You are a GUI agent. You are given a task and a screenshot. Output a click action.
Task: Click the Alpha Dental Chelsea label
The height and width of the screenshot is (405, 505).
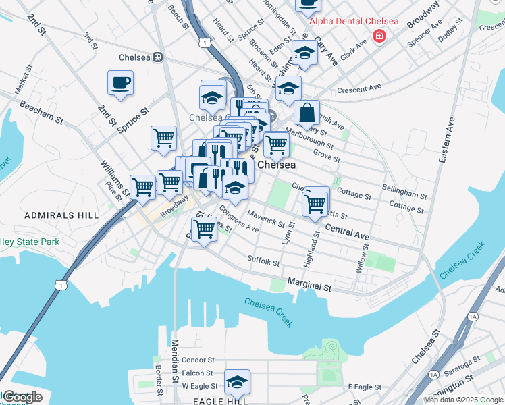coord(353,21)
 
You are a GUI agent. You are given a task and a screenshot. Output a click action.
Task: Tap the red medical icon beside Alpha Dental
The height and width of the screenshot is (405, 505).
coord(379,35)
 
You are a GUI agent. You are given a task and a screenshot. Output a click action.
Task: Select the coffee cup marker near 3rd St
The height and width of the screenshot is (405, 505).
coord(120,84)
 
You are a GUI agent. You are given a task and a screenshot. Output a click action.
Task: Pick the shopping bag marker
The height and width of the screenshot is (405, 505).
coord(307,113)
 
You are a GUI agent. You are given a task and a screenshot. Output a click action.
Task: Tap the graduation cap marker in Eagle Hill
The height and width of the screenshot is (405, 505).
coord(237,382)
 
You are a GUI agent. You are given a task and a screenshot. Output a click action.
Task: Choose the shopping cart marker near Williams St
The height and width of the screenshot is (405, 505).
coord(142,186)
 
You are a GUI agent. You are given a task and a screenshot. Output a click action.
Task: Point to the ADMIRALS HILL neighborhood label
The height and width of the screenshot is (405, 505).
coord(52,215)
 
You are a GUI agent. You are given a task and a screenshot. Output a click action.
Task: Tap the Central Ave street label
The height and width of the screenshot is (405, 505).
coord(347,232)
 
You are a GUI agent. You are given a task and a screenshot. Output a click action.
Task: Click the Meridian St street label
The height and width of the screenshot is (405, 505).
coord(175,358)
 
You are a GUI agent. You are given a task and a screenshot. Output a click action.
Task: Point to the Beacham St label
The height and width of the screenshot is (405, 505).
coord(41,113)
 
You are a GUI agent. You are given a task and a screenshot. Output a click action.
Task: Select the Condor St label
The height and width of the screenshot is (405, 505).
coord(198,360)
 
